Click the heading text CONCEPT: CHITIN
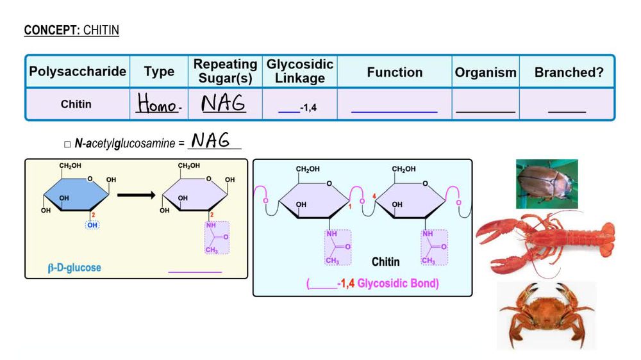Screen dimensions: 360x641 [x=71, y=30]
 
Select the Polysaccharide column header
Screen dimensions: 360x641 [x=77, y=72]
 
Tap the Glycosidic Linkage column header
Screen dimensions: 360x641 [x=299, y=72]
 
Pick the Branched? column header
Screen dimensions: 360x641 [x=569, y=72]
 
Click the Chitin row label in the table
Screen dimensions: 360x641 [x=76, y=104]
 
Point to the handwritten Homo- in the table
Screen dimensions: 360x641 [x=158, y=104]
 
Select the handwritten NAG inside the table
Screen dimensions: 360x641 [x=224, y=103]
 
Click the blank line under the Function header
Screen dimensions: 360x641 [x=394, y=111]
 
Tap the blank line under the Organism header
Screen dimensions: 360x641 [x=485, y=111]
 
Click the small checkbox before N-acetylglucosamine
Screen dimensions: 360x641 [x=67, y=144]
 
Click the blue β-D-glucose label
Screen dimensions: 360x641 [x=74, y=267]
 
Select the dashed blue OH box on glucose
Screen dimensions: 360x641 [x=93, y=225]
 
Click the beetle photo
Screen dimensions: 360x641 [x=546, y=184]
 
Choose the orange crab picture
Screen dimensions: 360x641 [x=546, y=313]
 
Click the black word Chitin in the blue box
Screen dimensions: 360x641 [x=385, y=261]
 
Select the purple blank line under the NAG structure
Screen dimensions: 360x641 [x=195, y=272]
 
